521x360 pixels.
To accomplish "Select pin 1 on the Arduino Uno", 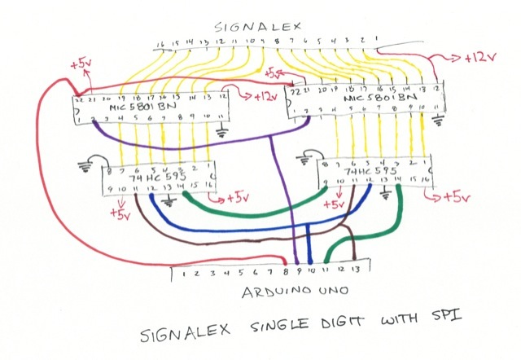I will [186, 273].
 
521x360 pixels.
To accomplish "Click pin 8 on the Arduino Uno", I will [287, 271].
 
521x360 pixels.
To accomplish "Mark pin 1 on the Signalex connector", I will [376, 38].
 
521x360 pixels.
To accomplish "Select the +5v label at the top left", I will [83, 63].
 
